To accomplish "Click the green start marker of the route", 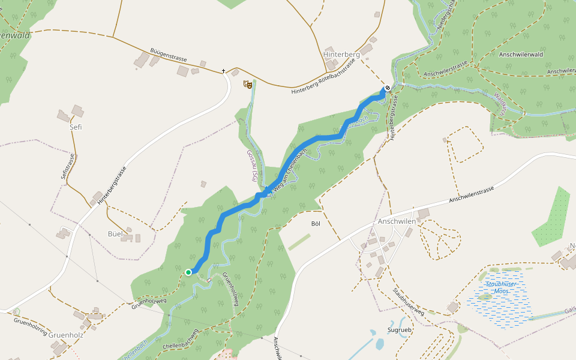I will click(188, 272).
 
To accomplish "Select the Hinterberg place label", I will click(341, 54).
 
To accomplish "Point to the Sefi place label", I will click(76, 127).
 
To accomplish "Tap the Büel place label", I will click(115, 233).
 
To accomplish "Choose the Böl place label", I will click(316, 224).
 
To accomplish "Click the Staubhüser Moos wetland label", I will click(497, 287).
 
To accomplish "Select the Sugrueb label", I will click(399, 330).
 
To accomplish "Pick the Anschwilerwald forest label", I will click(520, 55).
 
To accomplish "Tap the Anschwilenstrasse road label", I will click(471, 193).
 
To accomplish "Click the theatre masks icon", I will click(247, 84).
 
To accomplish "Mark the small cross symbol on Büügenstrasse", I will click(224, 71).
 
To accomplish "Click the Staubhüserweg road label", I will click(409, 302).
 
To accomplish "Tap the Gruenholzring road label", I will click(30, 325).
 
